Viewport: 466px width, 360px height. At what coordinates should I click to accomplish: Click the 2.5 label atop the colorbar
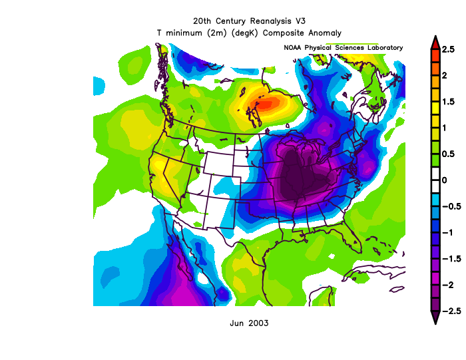tap(449, 49)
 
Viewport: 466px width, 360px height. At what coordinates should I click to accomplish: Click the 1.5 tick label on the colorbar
tap(449, 101)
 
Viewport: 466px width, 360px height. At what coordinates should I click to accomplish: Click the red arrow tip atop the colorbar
tap(434, 41)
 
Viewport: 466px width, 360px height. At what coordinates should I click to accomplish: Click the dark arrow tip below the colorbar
tap(434, 319)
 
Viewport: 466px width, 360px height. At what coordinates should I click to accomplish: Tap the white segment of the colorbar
tap(434, 180)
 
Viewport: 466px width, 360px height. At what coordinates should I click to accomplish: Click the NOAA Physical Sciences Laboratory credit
tap(344, 48)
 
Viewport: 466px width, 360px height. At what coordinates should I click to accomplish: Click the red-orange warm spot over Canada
tap(266, 103)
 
